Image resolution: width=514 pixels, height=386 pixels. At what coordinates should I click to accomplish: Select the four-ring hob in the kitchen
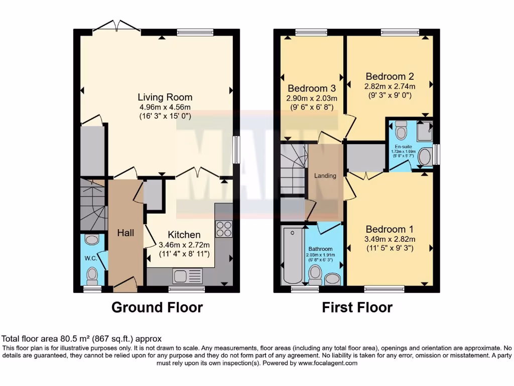click(224, 229)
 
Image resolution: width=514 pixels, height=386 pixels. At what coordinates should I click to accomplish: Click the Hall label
click(125, 233)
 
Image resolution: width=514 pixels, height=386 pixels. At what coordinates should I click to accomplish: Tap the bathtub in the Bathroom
click(291, 256)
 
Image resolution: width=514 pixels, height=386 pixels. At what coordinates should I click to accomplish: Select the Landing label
click(325, 176)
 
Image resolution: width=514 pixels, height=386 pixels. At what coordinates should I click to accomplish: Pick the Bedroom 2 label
click(390, 76)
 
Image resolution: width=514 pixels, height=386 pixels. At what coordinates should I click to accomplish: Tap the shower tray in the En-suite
click(425, 132)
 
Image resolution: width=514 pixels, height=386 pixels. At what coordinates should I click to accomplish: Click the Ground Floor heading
click(157, 307)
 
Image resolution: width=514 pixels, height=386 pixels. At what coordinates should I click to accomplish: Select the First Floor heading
click(357, 307)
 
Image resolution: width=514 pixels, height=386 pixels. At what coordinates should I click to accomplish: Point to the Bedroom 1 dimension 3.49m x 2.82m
click(389, 238)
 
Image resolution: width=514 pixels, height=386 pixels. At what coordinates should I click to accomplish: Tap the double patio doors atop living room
click(117, 26)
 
